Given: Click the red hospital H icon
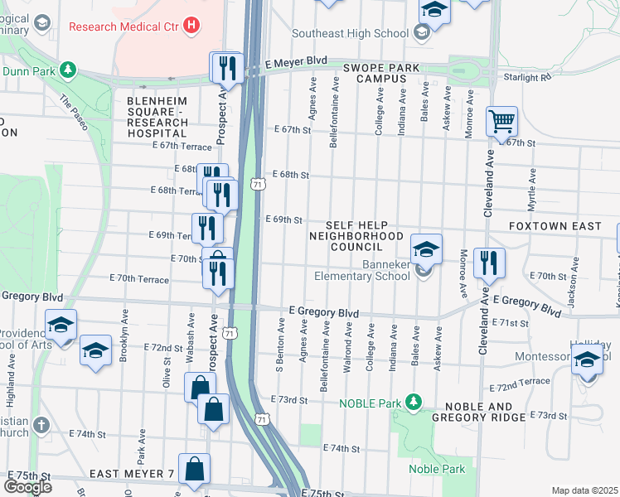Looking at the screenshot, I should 192,26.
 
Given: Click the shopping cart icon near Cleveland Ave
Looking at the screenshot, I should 501,122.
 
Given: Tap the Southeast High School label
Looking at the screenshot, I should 350,34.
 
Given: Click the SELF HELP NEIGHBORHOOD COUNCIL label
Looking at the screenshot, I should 356,236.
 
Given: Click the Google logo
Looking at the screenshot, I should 27,487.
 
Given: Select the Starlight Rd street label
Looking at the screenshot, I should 526,77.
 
